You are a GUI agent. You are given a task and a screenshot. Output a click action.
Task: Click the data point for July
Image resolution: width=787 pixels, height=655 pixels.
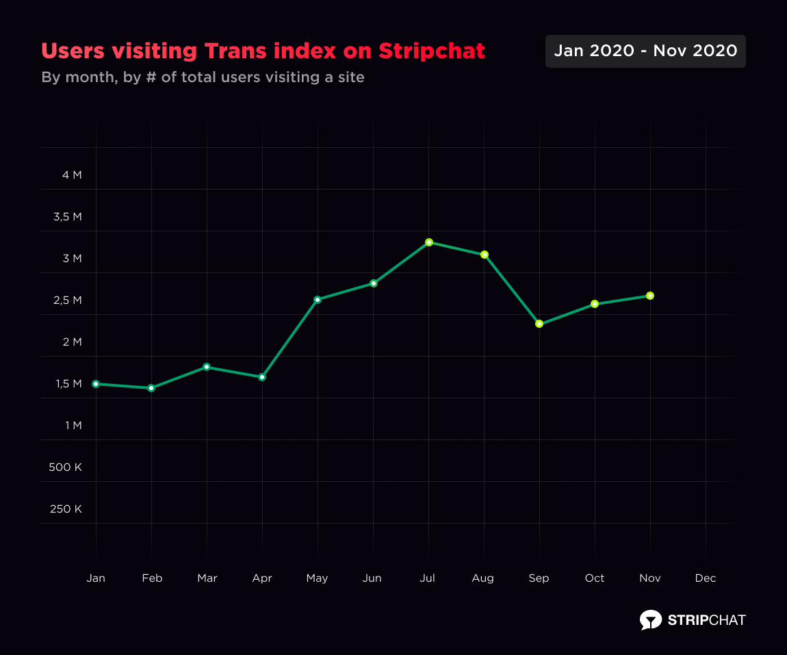pyautogui.click(x=429, y=242)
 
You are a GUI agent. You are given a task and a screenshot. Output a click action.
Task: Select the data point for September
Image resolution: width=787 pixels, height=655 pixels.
pyautogui.click(x=539, y=324)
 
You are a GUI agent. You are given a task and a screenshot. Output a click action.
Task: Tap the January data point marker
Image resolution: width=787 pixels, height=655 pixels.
pyautogui.click(x=96, y=384)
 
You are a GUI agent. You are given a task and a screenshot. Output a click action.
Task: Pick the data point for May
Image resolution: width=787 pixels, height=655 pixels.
pyautogui.click(x=318, y=300)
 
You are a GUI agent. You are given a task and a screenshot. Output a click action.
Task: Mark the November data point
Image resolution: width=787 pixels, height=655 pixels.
pyautogui.click(x=650, y=296)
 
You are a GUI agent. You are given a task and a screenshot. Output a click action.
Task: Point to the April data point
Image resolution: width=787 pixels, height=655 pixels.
pyautogui.click(x=262, y=377)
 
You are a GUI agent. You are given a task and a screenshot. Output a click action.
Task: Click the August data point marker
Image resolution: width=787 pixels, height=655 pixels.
pyautogui.click(x=485, y=255)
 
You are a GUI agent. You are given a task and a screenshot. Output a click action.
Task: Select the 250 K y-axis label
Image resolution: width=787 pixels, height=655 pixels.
pyautogui.click(x=66, y=509)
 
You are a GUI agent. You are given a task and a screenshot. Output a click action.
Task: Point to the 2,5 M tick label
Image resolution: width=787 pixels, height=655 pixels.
pyautogui.click(x=67, y=300)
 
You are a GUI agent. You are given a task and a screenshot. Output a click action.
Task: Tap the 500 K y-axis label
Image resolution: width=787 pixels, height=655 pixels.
pyautogui.click(x=66, y=467)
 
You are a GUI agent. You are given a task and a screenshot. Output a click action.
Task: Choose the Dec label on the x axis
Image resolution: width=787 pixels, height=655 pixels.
pyautogui.click(x=706, y=578)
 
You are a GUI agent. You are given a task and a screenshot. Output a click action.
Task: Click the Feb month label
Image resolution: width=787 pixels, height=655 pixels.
pyautogui.click(x=152, y=578)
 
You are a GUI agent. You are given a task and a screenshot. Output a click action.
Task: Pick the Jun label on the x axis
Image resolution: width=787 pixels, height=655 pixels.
pyautogui.click(x=372, y=578)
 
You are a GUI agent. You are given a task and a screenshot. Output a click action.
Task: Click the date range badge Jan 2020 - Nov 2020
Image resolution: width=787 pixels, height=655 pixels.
pyautogui.click(x=645, y=51)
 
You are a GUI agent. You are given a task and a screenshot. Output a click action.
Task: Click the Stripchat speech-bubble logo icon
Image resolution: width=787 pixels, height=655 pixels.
pyautogui.click(x=651, y=619)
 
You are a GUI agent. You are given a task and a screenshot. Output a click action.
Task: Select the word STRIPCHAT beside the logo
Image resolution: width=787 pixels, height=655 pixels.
pyautogui.click(x=706, y=620)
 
